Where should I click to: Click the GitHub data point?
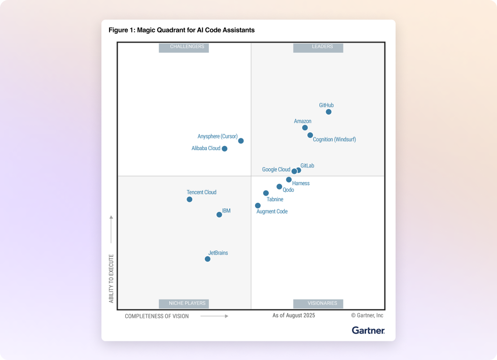(x=329, y=112)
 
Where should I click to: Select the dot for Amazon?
(x=305, y=128)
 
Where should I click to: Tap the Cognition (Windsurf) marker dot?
(x=310, y=135)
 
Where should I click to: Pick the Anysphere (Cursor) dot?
(x=241, y=141)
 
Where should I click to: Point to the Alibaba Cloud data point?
(x=225, y=149)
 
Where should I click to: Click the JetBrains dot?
(x=207, y=259)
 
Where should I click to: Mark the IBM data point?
(x=219, y=214)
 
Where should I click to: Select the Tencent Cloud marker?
(x=189, y=199)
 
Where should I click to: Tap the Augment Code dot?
(x=258, y=206)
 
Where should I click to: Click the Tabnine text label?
(x=275, y=200)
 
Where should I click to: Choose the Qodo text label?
(x=288, y=190)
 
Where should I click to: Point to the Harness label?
(x=301, y=184)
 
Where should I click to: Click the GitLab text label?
(x=307, y=166)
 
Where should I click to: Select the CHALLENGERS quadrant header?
(x=184, y=47)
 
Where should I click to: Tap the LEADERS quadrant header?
(x=318, y=47)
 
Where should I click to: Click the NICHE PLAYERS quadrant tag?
(x=184, y=304)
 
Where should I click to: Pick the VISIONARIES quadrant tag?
(x=318, y=304)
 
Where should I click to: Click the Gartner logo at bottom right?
(x=368, y=331)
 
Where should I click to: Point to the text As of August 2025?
(x=294, y=315)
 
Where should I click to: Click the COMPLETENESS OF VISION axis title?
(x=157, y=316)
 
